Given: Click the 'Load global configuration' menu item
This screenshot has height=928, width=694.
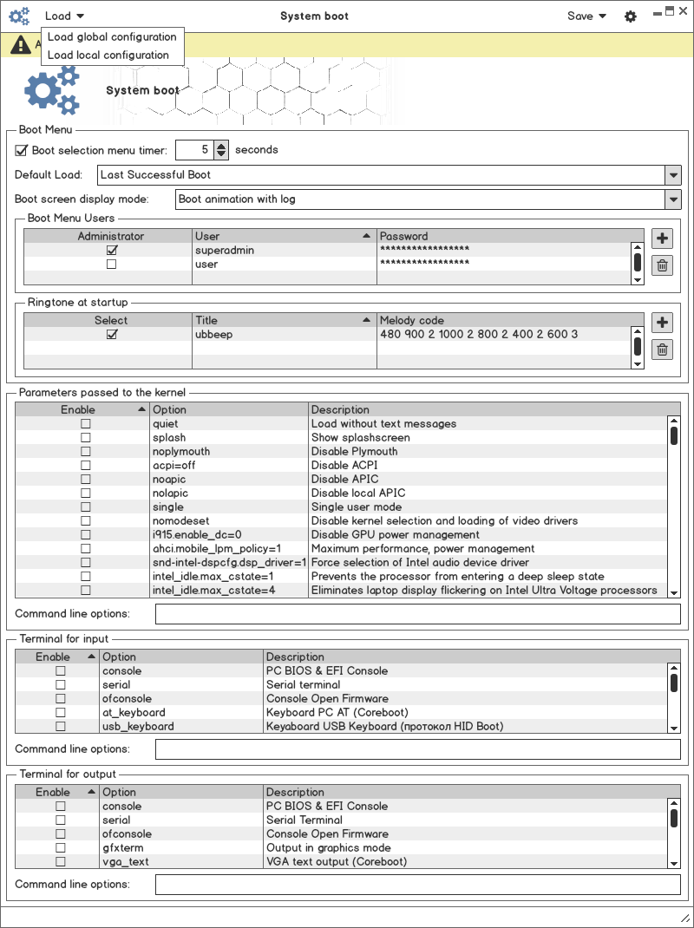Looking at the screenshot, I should pos(112,36).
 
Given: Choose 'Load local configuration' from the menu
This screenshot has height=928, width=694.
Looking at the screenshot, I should pos(108,55).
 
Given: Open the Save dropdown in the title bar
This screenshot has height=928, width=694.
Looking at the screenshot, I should pos(586,16).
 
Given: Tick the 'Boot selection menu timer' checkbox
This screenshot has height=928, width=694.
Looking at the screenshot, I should pos(22,150).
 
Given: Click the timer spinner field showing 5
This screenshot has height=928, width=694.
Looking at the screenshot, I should pos(194,150).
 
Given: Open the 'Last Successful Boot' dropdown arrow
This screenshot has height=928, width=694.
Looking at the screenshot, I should pos(673,175).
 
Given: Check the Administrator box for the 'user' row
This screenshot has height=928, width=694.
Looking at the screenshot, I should pos(111,265).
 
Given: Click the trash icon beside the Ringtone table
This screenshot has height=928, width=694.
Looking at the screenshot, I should pos(662,350).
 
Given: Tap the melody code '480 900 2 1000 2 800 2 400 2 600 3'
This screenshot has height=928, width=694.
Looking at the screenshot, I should pos(479,334).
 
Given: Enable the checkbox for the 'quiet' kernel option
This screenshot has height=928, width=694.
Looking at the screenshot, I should pos(86,424).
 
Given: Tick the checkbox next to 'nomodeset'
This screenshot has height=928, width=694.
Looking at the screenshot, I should pos(86,521).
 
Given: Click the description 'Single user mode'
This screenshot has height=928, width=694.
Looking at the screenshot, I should pos(357,507).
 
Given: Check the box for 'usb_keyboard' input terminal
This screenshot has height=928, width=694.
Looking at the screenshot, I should pos(61,727).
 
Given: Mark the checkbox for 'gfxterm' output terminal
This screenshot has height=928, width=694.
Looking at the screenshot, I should pos(61,848).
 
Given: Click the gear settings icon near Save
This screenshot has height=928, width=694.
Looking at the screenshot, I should pos(631,16).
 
